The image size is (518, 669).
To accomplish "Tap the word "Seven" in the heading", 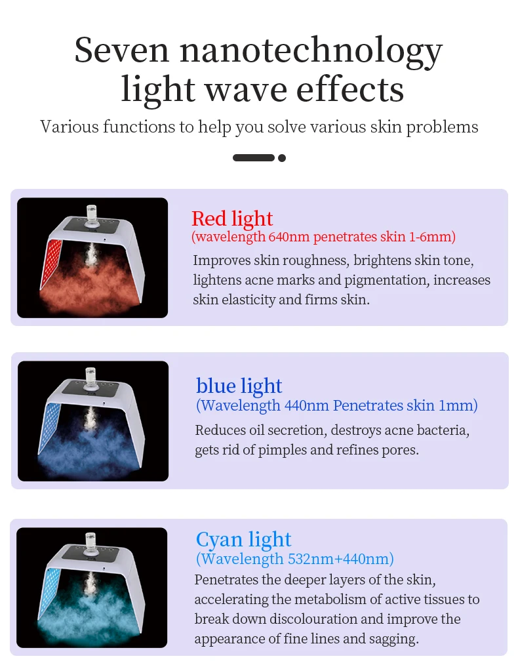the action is click(x=122, y=50).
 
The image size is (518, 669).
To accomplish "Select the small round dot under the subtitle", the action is click(x=281, y=158).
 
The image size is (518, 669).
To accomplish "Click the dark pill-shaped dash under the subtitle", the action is click(x=254, y=158).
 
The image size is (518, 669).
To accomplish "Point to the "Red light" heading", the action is click(x=231, y=219).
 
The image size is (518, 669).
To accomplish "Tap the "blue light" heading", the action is click(x=239, y=386).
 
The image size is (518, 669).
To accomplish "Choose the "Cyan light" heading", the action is click(x=244, y=539).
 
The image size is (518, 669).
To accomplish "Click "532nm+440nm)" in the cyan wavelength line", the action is click(x=341, y=559).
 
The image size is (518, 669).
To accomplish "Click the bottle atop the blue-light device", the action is click(x=91, y=379).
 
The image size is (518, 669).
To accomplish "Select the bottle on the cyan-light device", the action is click(x=90, y=544).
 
